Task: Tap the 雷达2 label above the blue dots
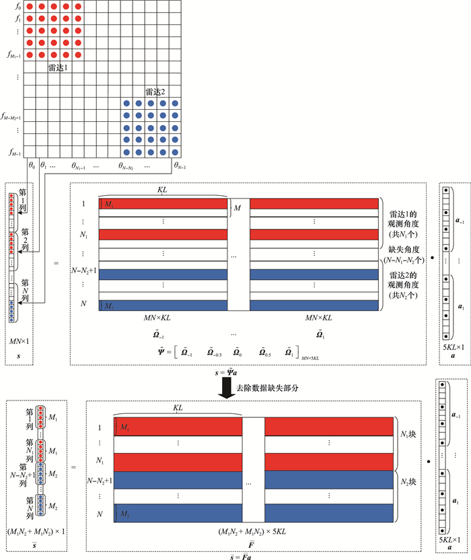tap(155, 92)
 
